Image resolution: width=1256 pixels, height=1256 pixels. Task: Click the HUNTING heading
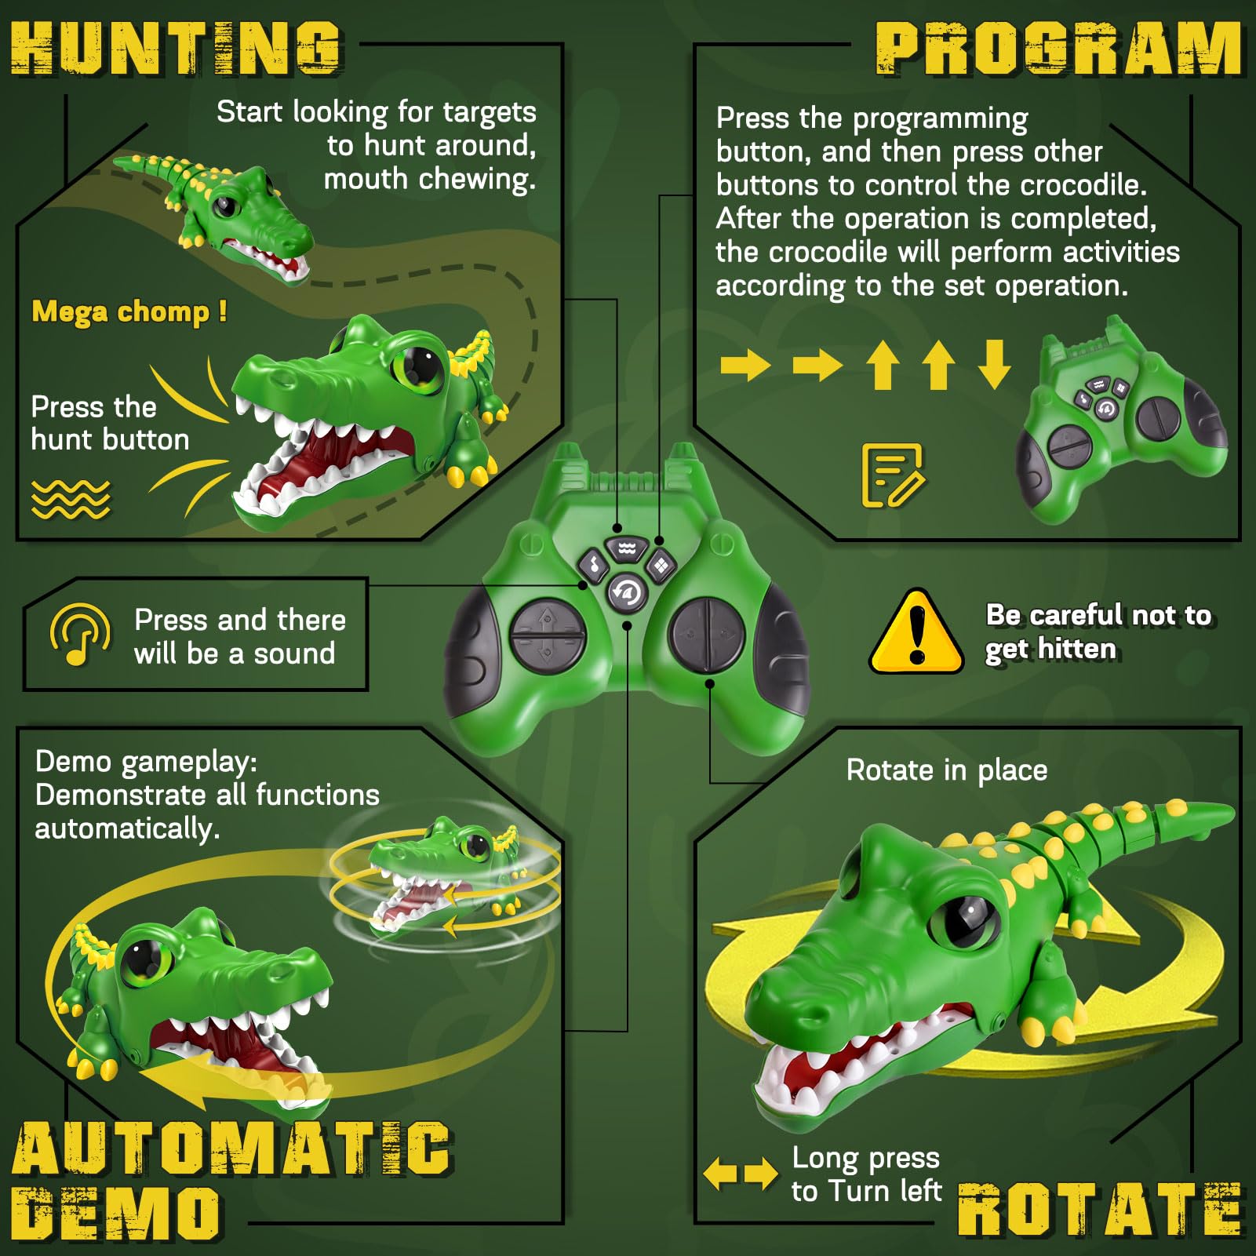pyautogui.click(x=177, y=48)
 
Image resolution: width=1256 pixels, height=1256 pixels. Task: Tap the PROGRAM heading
pyautogui.click(x=1058, y=49)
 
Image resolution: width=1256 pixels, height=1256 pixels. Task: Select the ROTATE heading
pyautogui.click(x=1101, y=1208)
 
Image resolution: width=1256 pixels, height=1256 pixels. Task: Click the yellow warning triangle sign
pyautogui.click(x=916, y=632)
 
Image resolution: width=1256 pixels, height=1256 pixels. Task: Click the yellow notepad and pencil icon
pyautogui.click(x=893, y=475)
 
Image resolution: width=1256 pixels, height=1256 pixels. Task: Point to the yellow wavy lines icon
pyautogui.click(x=71, y=499)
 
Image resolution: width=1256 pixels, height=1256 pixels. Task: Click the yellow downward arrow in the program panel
pyautogui.click(x=994, y=364)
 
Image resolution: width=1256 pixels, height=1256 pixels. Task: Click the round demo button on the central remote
pyautogui.click(x=627, y=592)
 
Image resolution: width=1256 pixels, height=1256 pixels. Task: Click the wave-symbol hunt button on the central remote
pyautogui.click(x=627, y=548)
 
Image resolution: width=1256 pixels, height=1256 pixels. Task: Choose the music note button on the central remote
pyautogui.click(x=594, y=563)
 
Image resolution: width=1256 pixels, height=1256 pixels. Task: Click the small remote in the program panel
pyautogui.click(x=1123, y=419)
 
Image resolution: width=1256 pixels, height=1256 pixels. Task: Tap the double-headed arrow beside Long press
pyautogui.click(x=740, y=1174)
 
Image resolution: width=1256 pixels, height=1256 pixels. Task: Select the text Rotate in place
pyautogui.click(x=947, y=770)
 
